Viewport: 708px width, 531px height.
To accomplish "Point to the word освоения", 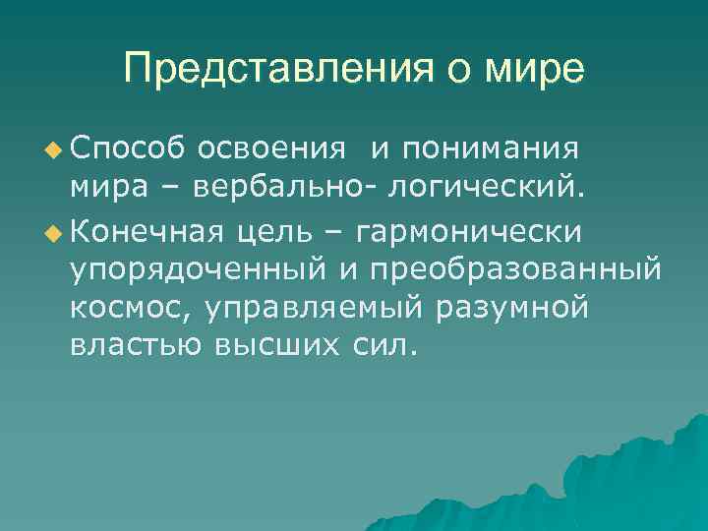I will click(x=271, y=147).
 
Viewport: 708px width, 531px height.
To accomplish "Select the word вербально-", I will click(x=293, y=188).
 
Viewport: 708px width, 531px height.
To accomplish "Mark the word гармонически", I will click(x=470, y=232).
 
